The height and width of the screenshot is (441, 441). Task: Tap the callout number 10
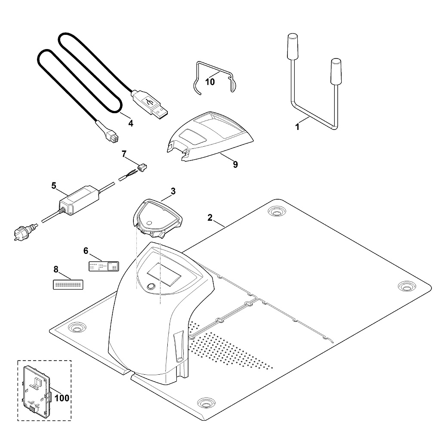click(210, 82)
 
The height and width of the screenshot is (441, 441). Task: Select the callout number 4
click(130, 123)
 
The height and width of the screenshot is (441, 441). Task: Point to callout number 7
click(124, 154)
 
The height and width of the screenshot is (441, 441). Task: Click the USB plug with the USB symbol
click(150, 105)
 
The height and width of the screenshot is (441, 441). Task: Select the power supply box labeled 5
click(79, 200)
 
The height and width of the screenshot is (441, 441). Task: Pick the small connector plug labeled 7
click(142, 168)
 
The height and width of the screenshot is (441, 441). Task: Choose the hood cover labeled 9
click(210, 136)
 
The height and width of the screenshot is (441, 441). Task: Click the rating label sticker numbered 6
click(104, 266)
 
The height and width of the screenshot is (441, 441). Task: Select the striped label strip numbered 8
click(68, 284)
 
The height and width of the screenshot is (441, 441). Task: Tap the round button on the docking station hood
click(151, 286)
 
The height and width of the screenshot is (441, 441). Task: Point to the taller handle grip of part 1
click(292, 47)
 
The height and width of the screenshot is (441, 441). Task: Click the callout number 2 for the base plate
click(210, 217)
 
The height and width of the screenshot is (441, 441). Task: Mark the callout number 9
click(235, 164)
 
